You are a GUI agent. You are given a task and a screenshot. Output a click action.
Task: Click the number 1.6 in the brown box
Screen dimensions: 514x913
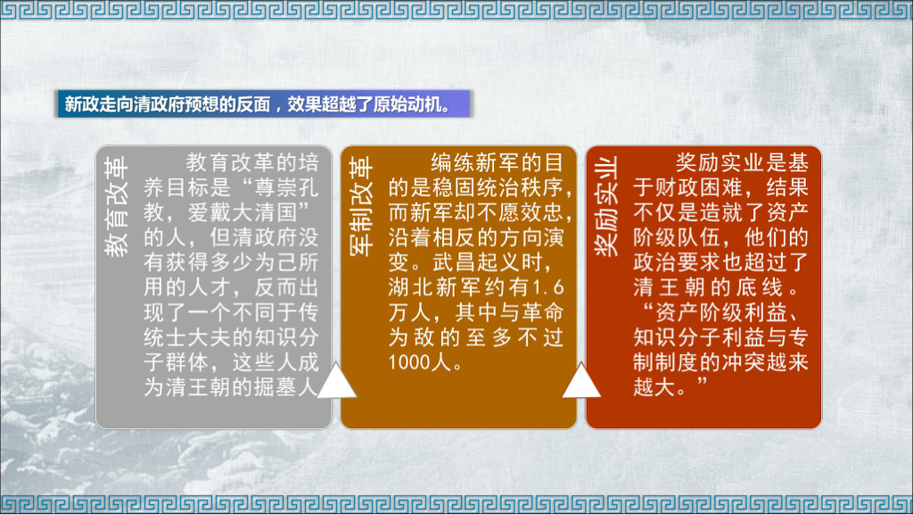(548, 288)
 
